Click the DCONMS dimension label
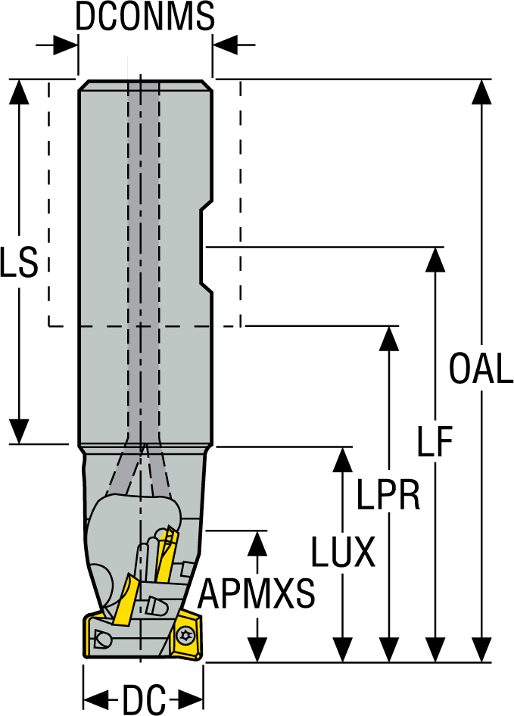click(x=145, y=17)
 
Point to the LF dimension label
click(x=435, y=442)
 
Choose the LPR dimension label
click(x=388, y=497)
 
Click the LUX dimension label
click(x=343, y=553)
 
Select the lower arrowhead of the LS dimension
click(x=20, y=431)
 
